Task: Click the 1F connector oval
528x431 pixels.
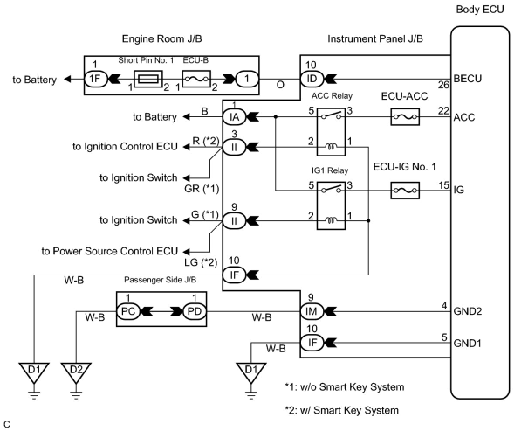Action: (x=96, y=79)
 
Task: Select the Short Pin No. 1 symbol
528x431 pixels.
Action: (x=148, y=79)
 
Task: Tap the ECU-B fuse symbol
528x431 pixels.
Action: (x=196, y=79)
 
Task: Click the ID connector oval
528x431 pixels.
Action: (x=312, y=79)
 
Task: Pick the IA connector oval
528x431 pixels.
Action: (x=234, y=117)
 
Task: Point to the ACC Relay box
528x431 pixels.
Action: (x=331, y=132)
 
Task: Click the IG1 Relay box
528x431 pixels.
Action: (x=331, y=206)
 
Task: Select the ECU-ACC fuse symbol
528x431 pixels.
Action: (x=405, y=117)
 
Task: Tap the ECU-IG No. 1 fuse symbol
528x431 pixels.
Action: (x=405, y=191)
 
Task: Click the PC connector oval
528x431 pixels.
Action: (x=128, y=311)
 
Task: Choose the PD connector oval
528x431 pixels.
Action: (x=195, y=311)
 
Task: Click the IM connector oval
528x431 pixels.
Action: (x=312, y=311)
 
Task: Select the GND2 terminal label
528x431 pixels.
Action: (x=467, y=311)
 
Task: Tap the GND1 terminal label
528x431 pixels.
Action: (x=467, y=344)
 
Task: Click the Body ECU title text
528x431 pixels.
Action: (x=480, y=10)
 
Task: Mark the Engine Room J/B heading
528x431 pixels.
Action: (x=162, y=39)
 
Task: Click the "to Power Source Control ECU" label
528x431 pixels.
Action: (x=110, y=251)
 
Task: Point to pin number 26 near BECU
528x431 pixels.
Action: (x=443, y=85)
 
